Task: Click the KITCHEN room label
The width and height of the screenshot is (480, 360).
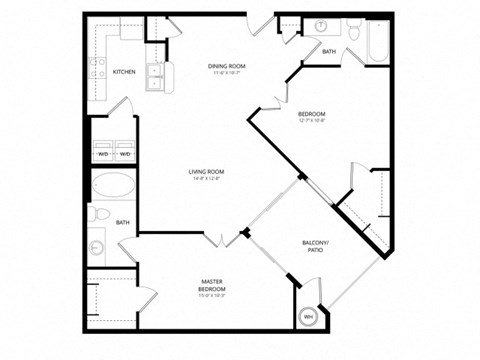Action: [x=124, y=72]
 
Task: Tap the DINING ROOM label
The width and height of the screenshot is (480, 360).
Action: [x=227, y=66]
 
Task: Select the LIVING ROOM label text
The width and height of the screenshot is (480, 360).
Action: [x=206, y=172]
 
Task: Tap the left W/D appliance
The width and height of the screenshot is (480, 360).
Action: [x=103, y=154]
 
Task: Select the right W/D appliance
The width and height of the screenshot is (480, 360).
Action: [x=126, y=154]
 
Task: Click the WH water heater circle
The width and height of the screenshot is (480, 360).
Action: [x=307, y=316]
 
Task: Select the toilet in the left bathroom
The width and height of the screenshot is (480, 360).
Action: [x=95, y=214]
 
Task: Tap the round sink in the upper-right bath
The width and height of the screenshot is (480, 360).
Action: [x=322, y=26]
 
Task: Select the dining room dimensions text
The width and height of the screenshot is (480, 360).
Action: [x=227, y=74]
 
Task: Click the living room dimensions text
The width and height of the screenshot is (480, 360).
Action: [x=206, y=180]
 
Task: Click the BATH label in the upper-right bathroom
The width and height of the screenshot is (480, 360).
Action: [x=329, y=51]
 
